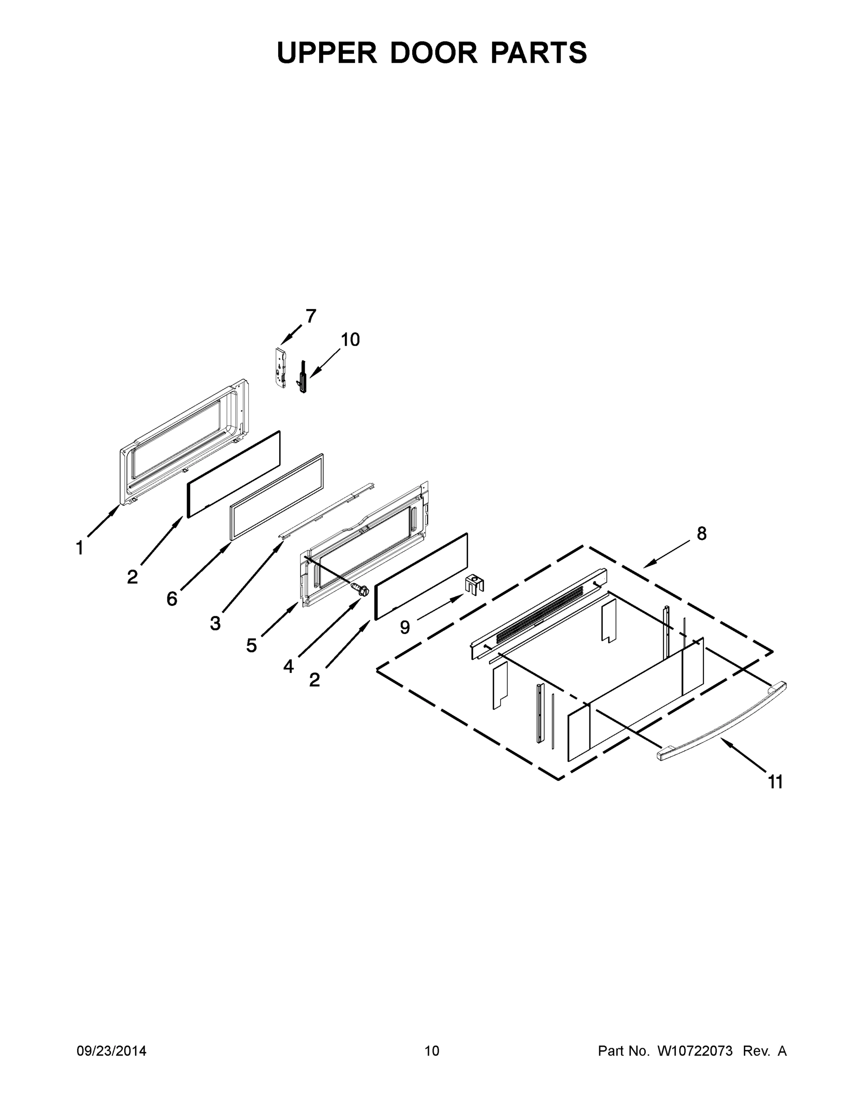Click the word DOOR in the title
click(x=434, y=53)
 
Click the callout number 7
click(x=311, y=316)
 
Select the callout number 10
click(x=350, y=340)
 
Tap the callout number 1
click(x=80, y=548)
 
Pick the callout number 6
click(x=172, y=599)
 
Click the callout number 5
click(x=251, y=646)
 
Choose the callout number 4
click(x=288, y=666)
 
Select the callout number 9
click(x=405, y=627)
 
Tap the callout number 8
click(x=702, y=534)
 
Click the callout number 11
click(x=776, y=782)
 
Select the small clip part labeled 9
click(x=475, y=584)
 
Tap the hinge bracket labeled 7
click(x=279, y=367)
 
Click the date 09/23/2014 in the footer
click(x=112, y=1051)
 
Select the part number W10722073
click(x=695, y=1051)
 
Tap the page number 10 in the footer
click(x=432, y=1051)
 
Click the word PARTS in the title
click(x=539, y=53)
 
